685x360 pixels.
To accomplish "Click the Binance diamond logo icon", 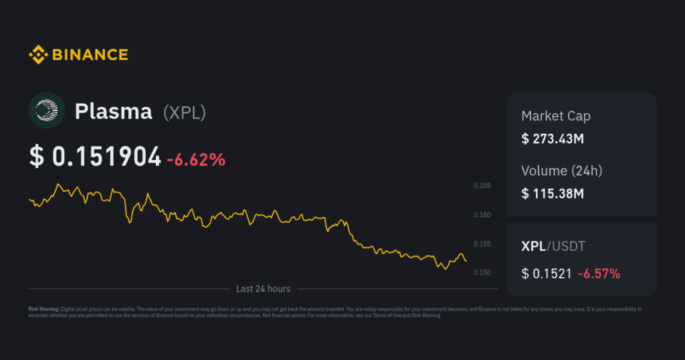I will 37,55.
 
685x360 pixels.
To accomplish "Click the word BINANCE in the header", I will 89,55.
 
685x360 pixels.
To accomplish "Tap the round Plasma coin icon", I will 46,110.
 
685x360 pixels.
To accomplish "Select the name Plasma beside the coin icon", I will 113,112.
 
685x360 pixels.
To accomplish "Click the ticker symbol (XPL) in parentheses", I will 185,112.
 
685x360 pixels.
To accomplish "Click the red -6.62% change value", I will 196,159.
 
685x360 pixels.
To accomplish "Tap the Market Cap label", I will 555,116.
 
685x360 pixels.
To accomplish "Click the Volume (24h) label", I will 561,171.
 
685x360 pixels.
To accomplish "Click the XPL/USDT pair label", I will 553,246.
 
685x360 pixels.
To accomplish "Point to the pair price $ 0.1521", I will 546,273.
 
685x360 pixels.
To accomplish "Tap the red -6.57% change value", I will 599,273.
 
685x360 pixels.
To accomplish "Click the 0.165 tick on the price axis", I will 482,185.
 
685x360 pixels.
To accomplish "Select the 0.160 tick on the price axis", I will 482,215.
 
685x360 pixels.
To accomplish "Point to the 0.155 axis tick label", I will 482,244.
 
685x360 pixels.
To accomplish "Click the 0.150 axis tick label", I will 482,273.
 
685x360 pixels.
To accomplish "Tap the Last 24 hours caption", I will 263,289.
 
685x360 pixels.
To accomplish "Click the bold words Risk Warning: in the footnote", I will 43,309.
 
